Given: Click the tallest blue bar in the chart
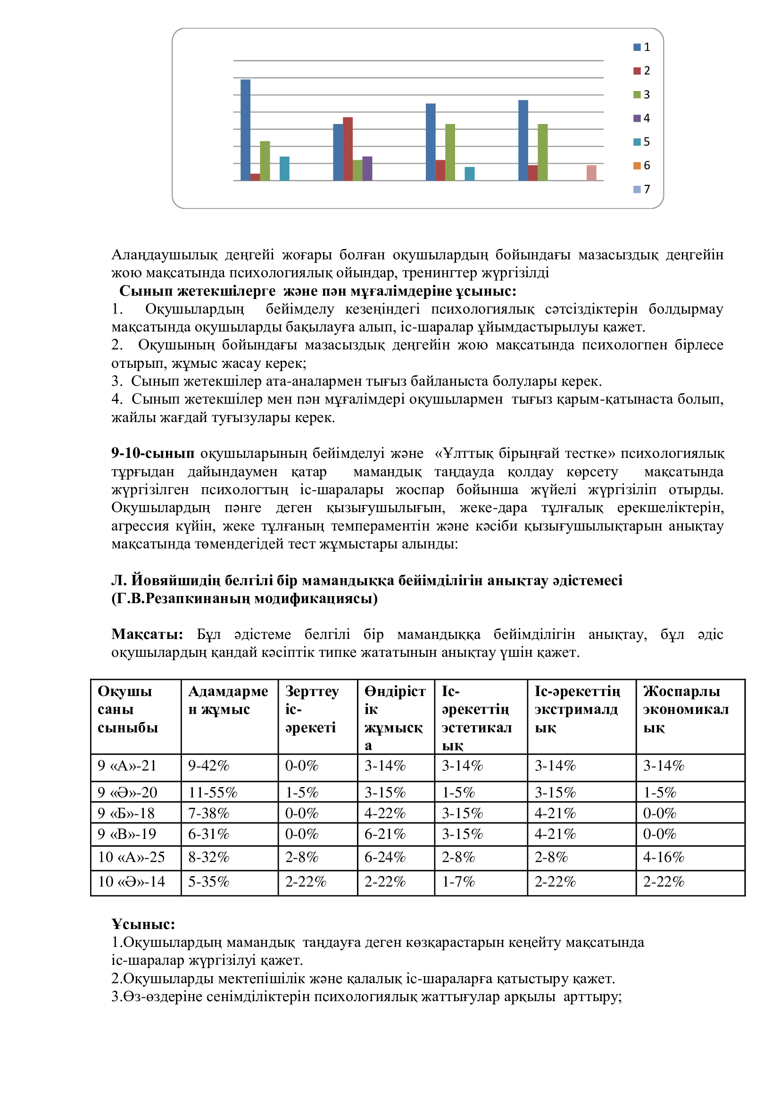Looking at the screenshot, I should (245, 130).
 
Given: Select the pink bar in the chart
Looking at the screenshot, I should (591, 173).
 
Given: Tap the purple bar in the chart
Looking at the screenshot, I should (367, 169).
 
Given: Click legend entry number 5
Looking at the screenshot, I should (642, 142).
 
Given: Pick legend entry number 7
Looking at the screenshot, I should (642, 189).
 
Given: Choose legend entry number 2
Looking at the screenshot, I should (642, 71).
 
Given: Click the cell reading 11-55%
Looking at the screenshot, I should (213, 792).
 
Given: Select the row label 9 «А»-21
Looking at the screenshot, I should (127, 765).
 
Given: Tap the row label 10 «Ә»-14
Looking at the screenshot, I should (131, 881).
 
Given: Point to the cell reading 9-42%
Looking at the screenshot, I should (208, 765).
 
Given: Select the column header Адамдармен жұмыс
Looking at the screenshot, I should (228, 700).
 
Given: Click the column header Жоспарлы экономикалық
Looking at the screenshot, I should (685, 709).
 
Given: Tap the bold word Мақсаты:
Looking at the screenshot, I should (147, 634).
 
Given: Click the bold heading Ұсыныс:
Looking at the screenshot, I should (143, 924).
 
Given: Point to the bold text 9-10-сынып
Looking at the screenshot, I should (153, 453).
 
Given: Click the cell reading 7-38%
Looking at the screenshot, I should (208, 813).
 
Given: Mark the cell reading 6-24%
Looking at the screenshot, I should (385, 857).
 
